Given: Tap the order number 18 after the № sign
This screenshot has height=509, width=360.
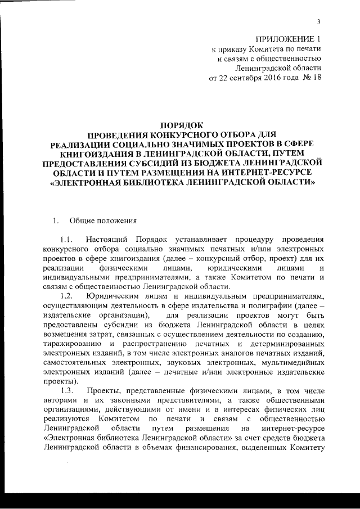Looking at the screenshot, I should point(317,77).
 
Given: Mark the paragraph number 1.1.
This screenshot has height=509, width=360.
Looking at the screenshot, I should point(67,238).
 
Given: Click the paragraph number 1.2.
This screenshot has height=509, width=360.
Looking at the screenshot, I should point(67,295).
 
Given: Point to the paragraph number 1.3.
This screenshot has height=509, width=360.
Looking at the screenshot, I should point(67,390).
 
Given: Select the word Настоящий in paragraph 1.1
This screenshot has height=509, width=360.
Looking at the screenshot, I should point(106,238).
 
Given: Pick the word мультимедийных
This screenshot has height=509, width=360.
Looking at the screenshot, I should point(293,362).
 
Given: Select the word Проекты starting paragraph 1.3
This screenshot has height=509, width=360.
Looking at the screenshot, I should point(103,390).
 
